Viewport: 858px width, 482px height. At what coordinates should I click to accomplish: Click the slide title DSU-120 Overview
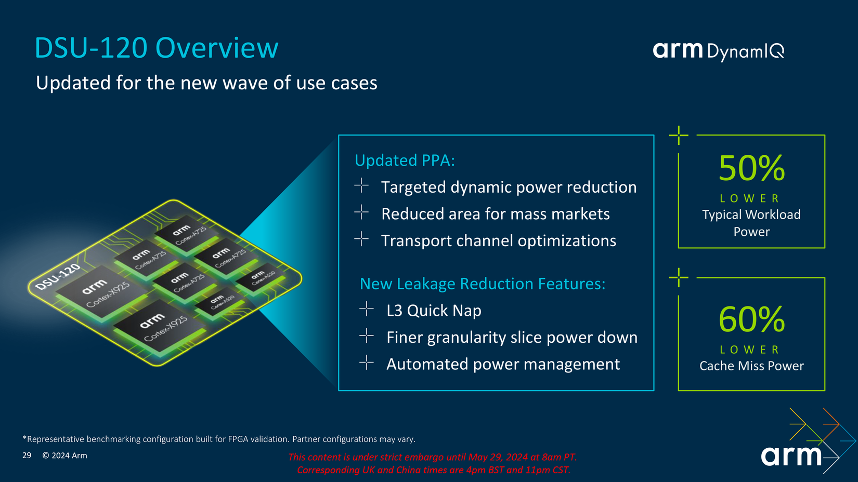[x=156, y=48]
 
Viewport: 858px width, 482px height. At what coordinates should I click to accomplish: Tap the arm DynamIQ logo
[x=718, y=51]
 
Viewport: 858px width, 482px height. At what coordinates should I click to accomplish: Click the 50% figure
[x=751, y=168]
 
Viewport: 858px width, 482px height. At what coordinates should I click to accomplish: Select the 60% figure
[x=751, y=319]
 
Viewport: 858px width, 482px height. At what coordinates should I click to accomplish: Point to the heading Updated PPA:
[x=405, y=160]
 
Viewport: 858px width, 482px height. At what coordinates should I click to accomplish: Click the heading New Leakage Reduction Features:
[x=482, y=284]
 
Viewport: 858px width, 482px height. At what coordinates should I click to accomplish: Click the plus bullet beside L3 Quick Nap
[x=367, y=309]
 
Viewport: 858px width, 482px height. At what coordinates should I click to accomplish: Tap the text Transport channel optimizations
[x=498, y=241]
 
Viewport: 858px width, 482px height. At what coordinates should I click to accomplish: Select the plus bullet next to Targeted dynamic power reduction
[x=361, y=185]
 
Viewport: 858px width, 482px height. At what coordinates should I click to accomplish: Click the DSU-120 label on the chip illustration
[x=58, y=277]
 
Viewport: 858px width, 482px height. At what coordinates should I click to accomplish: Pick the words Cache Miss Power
[x=751, y=366]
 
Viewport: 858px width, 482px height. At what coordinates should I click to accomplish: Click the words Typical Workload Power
[x=751, y=223]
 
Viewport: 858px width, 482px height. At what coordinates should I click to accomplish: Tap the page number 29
[x=27, y=456]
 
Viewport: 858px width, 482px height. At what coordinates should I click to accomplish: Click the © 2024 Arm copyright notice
[x=64, y=456]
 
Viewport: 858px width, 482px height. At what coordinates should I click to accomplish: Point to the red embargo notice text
[x=433, y=463]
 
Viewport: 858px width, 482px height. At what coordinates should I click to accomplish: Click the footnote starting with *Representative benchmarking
[x=219, y=439]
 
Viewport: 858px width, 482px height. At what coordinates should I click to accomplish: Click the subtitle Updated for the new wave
[x=206, y=83]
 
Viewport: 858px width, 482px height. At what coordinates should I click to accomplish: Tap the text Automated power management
[x=503, y=364]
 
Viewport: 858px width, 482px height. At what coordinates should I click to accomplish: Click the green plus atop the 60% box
[x=679, y=277]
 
